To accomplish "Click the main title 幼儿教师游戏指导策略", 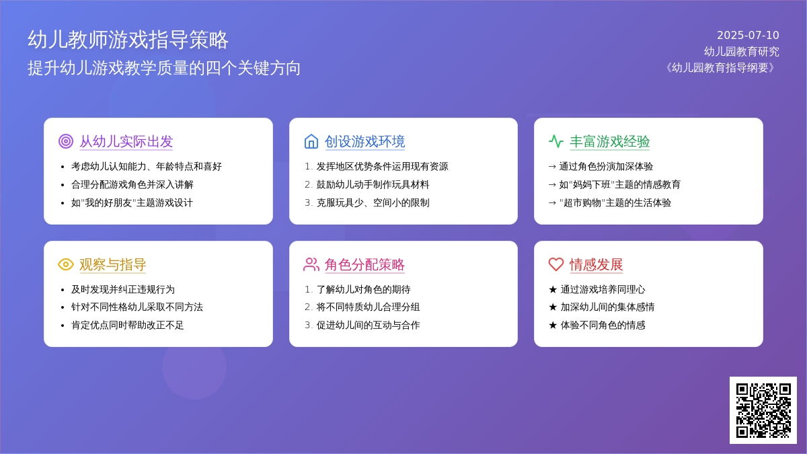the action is point(128,40).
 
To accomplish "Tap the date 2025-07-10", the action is point(748,35).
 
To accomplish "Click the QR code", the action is point(763,410).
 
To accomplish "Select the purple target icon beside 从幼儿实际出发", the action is point(66,141).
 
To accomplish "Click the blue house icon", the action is point(311,141).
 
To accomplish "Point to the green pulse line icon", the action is point(556,141).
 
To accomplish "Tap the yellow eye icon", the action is point(66,264).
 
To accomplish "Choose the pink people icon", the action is point(311,264).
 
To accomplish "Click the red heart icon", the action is point(556,264).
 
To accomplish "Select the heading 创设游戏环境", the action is point(365,142).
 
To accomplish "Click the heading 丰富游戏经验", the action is point(609,142).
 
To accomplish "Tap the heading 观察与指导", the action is point(113,265).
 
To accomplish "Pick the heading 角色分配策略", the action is point(364,265).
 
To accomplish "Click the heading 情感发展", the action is point(597,265).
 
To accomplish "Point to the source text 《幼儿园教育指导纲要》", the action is point(720,68).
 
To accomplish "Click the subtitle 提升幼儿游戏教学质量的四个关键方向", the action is point(164,68).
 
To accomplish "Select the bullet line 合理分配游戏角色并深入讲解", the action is point(132,184).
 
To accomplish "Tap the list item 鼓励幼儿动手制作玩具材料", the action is point(373,184).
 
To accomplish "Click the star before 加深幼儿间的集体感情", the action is point(553,307).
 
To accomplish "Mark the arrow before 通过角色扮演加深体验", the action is point(552,167).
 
